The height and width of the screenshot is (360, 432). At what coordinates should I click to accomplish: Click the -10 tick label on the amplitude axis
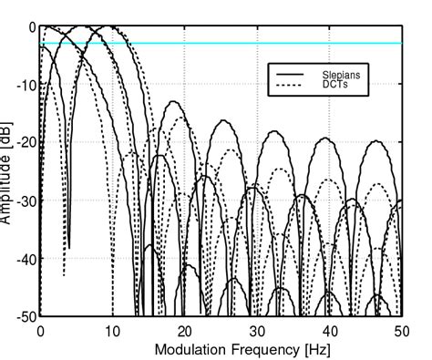click(25, 85)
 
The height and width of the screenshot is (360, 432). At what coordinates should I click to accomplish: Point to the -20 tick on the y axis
click(25, 143)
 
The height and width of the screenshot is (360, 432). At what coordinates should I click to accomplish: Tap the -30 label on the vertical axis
click(25, 201)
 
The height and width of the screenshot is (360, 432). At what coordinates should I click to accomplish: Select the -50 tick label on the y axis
click(25, 316)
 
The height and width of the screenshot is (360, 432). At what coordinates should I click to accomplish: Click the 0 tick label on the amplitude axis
click(30, 27)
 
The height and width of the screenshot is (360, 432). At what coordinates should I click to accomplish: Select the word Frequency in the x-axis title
click(252, 348)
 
